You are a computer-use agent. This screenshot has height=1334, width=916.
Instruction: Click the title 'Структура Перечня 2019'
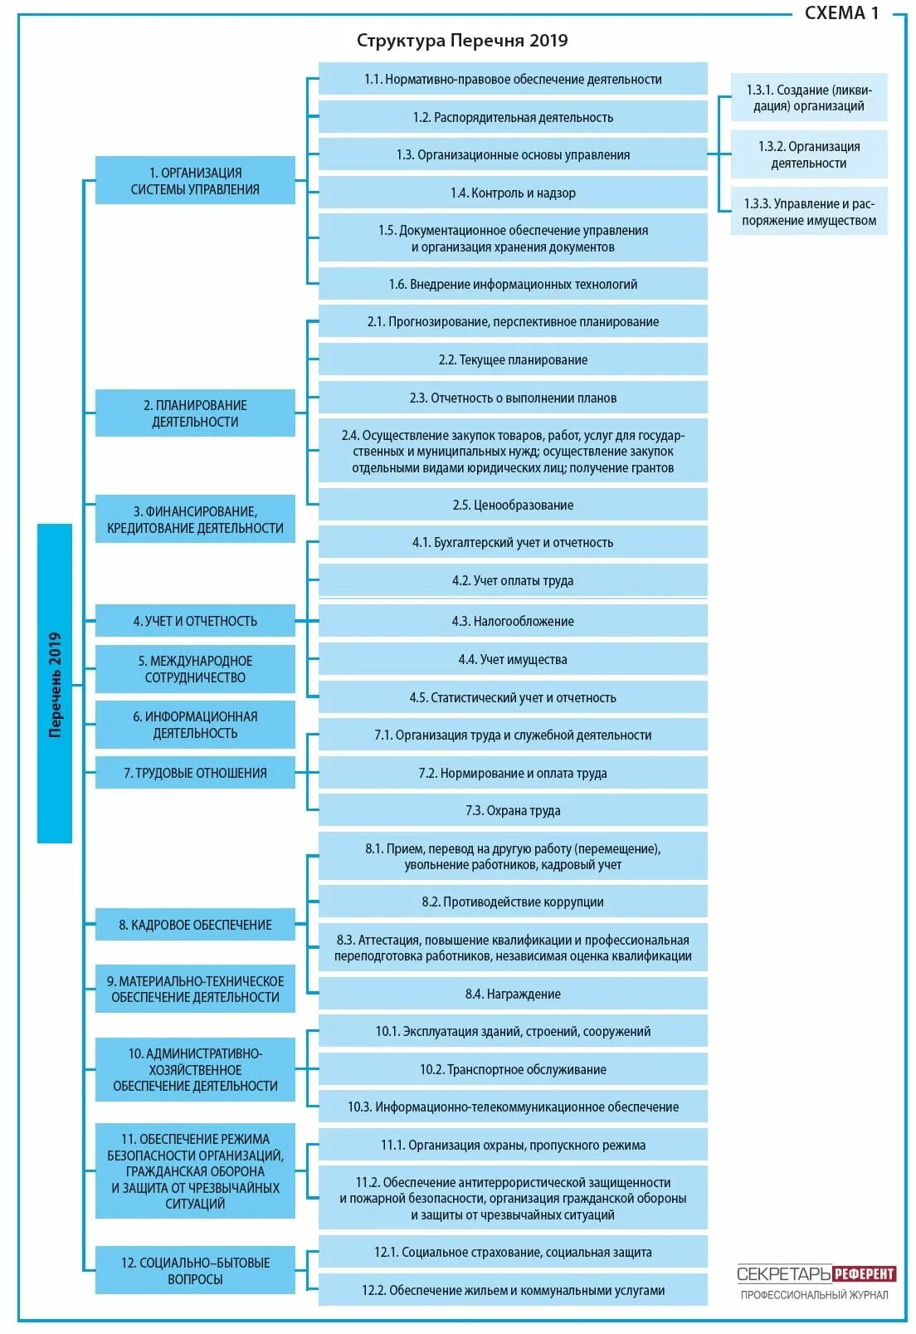coord(462,41)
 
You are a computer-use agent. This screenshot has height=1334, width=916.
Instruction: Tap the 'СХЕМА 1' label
coord(841,12)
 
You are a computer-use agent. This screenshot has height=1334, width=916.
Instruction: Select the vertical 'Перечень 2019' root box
coord(55,683)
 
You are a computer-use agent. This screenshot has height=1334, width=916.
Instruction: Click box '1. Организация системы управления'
coord(195,180)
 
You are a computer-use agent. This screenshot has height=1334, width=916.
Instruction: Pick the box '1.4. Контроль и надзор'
coord(513,193)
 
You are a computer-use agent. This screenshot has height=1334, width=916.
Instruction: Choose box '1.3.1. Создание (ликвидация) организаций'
coord(809,98)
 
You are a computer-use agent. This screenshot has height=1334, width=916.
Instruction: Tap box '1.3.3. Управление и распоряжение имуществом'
coord(809,212)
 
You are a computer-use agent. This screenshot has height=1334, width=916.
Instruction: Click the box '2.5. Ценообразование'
coord(513,505)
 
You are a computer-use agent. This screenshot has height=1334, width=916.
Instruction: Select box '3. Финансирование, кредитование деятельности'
coord(195,520)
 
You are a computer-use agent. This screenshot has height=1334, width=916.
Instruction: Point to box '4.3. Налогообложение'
coord(513,621)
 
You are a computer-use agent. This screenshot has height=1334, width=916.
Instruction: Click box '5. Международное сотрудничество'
coord(195,669)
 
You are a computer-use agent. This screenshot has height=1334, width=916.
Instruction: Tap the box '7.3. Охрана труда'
coord(513,810)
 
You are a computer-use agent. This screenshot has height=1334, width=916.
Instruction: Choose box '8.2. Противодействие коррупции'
coord(513,902)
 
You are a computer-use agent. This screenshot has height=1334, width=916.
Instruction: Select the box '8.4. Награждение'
coord(513,994)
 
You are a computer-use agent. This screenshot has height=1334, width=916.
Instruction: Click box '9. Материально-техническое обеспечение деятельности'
coord(195,989)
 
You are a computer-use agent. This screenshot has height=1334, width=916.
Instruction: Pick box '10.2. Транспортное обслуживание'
coord(513,1069)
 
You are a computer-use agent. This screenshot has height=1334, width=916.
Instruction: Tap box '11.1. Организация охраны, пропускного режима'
coord(513,1145)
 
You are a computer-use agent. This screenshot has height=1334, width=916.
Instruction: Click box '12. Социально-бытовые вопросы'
coord(195,1271)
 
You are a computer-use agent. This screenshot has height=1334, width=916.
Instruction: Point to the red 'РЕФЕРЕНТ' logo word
coord(864,1274)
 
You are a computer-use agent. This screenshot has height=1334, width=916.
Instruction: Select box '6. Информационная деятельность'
coord(195,725)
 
